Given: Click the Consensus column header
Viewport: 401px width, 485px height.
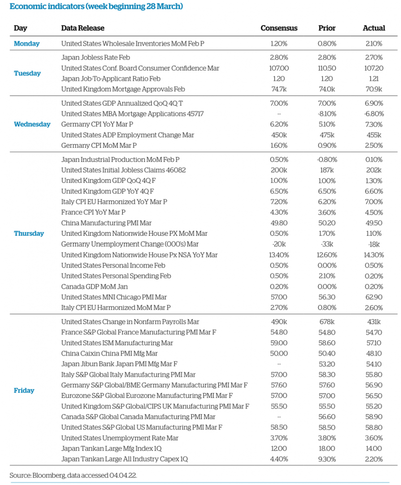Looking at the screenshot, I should pos(279,28).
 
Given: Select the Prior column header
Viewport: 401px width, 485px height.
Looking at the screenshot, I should pos(327,28).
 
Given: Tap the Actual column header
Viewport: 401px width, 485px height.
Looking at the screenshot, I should pos(374,28).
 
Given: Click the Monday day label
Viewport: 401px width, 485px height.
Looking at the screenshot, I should pos(27,44).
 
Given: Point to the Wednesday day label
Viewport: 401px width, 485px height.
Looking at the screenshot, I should pos(32,124).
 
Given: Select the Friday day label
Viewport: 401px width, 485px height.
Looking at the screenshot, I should pos(24,390).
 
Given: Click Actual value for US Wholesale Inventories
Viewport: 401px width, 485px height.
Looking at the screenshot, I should pos(374,44).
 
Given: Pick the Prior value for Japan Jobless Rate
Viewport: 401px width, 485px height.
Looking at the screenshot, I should pos(327,57).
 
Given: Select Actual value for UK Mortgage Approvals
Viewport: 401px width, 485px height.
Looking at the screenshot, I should pos(374,89).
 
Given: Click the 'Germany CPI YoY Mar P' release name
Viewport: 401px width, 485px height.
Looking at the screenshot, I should pos(97,124).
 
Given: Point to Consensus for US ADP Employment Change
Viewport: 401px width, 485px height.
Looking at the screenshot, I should pos(279,135).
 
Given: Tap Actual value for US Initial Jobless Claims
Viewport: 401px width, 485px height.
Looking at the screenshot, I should pos(374,170).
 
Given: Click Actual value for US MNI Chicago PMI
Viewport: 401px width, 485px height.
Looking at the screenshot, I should pos(374,297).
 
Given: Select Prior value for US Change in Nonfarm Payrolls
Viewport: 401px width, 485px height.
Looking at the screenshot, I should pos(327,322).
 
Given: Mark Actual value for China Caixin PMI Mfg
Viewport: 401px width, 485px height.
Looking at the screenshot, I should pos(374,353).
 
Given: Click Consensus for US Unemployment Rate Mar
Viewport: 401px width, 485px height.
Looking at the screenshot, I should pos(279,438).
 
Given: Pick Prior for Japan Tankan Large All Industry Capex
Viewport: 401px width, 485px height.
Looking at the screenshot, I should pos(327,458).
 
